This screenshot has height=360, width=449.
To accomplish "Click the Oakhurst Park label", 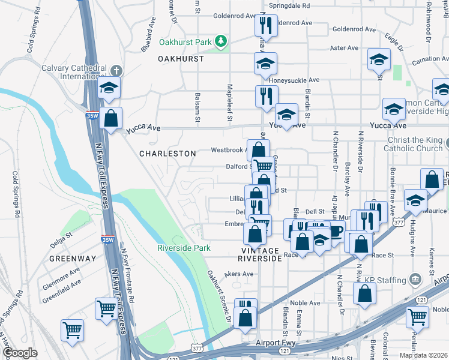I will click(185, 43).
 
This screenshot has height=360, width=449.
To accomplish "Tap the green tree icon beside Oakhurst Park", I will click(222, 41).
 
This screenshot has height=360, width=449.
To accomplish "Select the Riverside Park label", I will click(184, 248).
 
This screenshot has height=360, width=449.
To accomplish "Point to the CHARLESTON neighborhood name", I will click(167, 154).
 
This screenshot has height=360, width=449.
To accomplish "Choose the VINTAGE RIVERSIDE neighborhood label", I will click(260, 254).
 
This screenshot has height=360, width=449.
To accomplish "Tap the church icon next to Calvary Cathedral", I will click(115, 70).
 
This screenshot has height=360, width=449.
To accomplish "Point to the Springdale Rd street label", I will click(289, 5).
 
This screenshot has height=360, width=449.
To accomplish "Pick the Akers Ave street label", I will click(240, 274).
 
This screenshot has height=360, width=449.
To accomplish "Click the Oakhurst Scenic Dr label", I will click(219, 297).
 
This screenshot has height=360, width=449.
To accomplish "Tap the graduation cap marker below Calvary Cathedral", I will click(109, 88).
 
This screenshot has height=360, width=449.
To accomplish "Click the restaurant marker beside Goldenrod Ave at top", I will click(264, 26).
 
